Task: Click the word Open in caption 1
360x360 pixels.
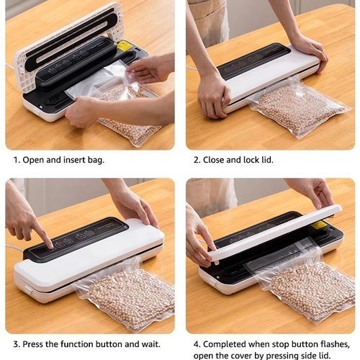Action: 33,160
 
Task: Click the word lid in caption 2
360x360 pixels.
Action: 267,160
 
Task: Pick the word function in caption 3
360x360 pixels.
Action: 77,344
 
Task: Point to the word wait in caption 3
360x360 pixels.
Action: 151,344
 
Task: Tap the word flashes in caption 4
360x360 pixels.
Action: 335,344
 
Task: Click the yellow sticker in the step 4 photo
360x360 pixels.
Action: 320,225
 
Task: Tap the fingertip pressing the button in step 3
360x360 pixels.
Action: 50,246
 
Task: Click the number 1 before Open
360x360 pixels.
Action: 16,160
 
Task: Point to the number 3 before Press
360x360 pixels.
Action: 17,344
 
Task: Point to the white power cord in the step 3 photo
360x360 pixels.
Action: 15,248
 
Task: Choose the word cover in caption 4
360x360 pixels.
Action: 240,356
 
